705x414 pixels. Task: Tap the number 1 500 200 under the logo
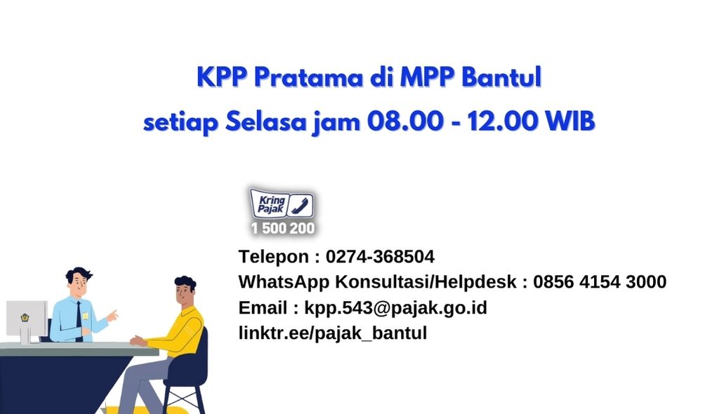(282, 229)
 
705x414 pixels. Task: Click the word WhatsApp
(283, 282)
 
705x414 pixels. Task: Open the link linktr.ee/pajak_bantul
(332, 333)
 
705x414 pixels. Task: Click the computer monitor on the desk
(27, 319)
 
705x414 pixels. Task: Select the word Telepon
(273, 256)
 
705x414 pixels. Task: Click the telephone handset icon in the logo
(300, 206)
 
